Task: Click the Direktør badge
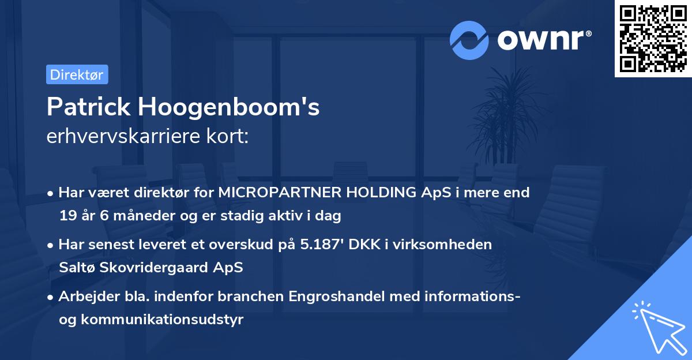[x=77, y=74]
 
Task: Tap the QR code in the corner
[x=653, y=39]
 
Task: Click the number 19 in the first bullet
[x=67, y=216]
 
